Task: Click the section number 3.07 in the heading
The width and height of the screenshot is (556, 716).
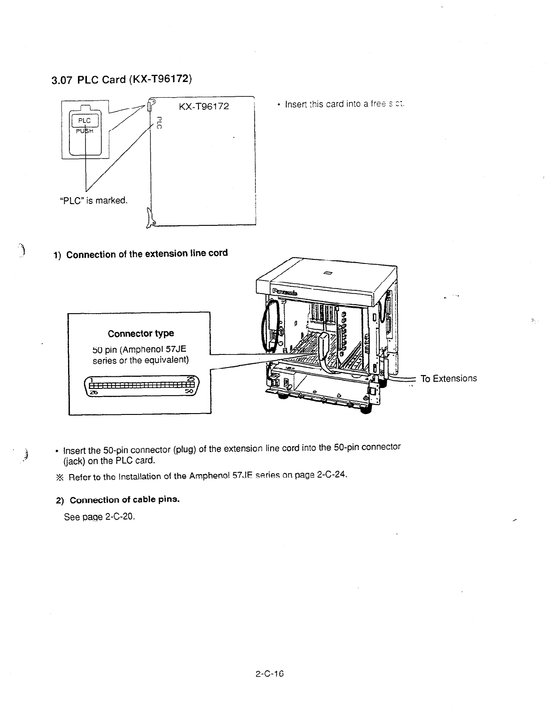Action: tap(62, 81)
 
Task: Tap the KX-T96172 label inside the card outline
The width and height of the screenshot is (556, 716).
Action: tap(203, 106)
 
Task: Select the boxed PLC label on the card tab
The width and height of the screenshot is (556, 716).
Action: tap(84, 121)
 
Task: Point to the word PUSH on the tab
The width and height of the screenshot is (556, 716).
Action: tap(84, 131)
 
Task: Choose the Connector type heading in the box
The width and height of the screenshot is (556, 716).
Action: tap(141, 333)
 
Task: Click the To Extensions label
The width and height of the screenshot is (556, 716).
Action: tap(448, 379)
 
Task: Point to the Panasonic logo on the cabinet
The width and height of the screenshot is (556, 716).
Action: tap(284, 292)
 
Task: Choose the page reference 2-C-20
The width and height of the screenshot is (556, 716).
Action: tap(120, 517)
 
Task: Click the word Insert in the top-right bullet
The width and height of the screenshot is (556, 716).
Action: tap(295, 104)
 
